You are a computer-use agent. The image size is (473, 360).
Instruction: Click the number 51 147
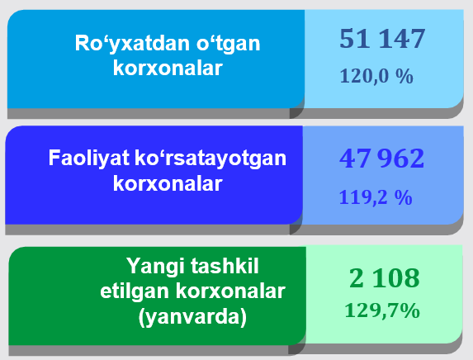click(382, 38)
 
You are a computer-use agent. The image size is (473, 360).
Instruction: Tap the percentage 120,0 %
click(376, 76)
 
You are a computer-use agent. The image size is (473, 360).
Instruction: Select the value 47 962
click(381, 159)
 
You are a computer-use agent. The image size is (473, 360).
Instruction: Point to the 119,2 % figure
click(376, 197)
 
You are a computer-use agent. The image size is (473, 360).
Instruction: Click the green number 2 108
click(385, 277)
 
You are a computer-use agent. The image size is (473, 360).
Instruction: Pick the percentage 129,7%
click(382, 310)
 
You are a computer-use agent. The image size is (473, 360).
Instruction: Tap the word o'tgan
click(229, 44)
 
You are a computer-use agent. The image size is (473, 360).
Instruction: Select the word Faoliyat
click(88, 159)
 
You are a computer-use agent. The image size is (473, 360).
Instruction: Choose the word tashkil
click(225, 266)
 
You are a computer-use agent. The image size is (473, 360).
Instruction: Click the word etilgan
click(135, 291)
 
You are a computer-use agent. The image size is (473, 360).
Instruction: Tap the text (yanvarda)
click(192, 317)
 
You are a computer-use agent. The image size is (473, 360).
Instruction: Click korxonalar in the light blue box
click(168, 69)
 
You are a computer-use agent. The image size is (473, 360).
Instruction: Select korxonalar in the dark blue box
click(168, 183)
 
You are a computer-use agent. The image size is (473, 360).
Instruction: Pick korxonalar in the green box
click(230, 291)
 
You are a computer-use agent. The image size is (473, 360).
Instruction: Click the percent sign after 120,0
click(404, 76)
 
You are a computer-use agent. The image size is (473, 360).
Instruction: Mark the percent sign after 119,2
click(404, 197)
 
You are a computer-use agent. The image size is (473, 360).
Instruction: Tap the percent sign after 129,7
click(410, 310)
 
